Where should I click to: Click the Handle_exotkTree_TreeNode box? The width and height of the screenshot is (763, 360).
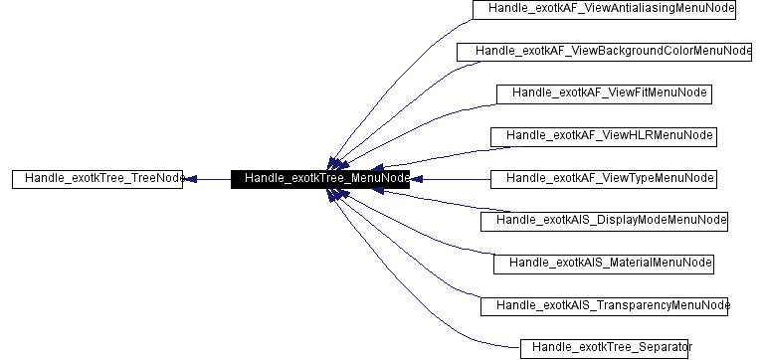pyautogui.click(x=98, y=179)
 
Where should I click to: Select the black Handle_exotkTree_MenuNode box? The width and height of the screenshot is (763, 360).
pyautogui.click(x=320, y=179)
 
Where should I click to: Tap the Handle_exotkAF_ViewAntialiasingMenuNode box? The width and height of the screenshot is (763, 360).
pyautogui.click(x=604, y=10)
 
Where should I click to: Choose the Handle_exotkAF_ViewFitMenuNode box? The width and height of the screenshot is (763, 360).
pyautogui.click(x=604, y=93)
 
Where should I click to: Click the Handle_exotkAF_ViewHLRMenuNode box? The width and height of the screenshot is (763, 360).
pyautogui.click(x=604, y=136)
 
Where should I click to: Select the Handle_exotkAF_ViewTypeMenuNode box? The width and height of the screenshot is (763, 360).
pyautogui.click(x=604, y=179)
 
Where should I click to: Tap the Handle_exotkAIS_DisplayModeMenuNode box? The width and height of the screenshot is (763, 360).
pyautogui.click(x=605, y=221)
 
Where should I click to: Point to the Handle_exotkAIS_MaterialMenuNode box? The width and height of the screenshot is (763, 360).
pyautogui.click(x=604, y=264)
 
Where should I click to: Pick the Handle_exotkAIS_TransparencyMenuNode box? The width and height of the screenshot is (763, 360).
pyautogui.click(x=605, y=305)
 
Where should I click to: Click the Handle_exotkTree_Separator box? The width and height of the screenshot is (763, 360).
pyautogui.click(x=605, y=348)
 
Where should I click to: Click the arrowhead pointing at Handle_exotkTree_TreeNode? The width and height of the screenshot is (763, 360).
pyautogui.click(x=193, y=179)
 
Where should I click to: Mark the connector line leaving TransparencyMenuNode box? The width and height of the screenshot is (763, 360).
pyautogui.click(x=418, y=269)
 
